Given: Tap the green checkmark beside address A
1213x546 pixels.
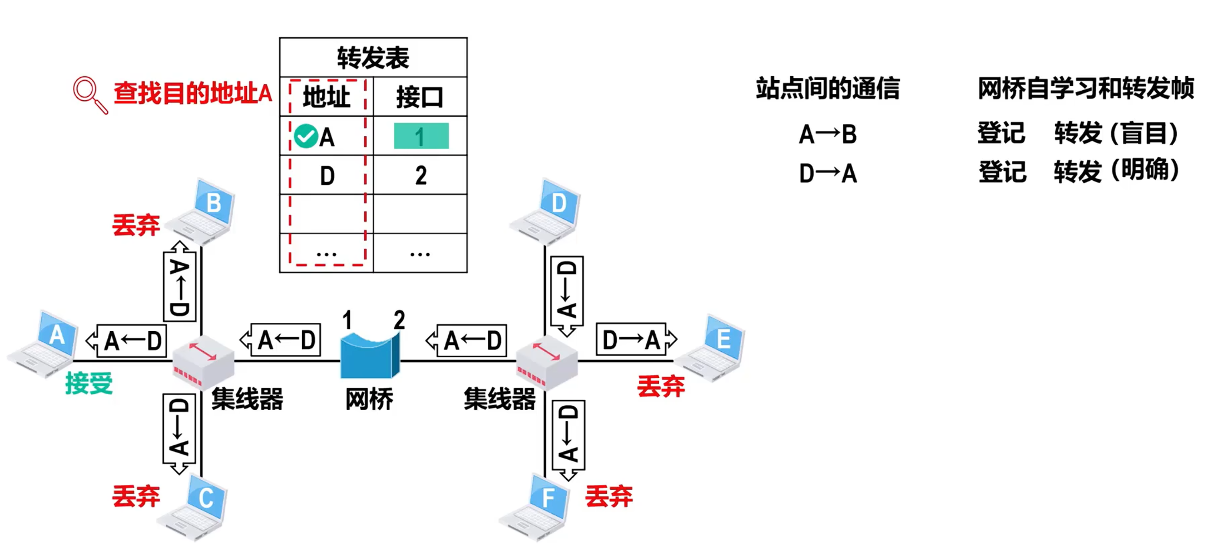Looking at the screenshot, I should tap(305, 136).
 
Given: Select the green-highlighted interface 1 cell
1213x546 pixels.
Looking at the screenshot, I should tap(421, 136).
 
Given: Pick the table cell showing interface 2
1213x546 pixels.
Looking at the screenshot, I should tap(420, 176).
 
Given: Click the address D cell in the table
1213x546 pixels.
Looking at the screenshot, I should tap(327, 176).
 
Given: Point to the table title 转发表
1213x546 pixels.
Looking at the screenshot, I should tap(373, 58).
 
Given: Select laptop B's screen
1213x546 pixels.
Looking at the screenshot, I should tap(214, 203).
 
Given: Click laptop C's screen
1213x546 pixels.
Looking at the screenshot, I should tap(206, 497).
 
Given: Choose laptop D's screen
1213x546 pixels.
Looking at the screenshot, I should tap(559, 203).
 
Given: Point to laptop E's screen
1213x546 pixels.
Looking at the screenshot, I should tap(724, 338).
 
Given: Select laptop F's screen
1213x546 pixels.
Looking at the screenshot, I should tap(549, 496).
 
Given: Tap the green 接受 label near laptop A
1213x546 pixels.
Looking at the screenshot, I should tap(89, 383).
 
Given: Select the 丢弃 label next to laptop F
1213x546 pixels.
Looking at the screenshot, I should tap(609, 496).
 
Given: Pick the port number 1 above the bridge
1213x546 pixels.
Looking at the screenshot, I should tap(347, 320).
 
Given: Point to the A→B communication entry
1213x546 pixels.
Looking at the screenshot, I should tap(828, 135).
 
